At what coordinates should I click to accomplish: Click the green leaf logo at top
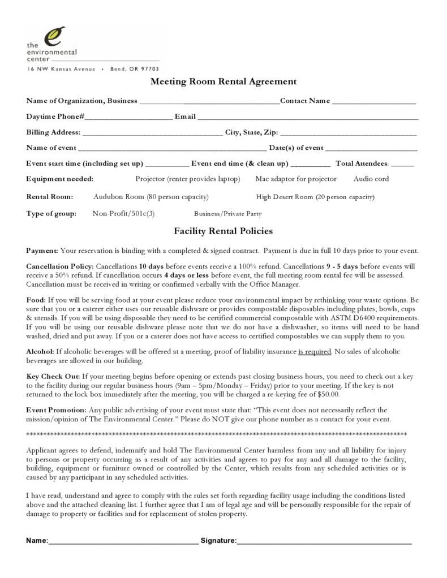tap(55, 36)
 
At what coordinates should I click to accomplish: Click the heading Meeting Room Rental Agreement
tap(223, 81)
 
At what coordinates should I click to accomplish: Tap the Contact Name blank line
tap(374, 102)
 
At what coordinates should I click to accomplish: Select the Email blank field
tap(308, 118)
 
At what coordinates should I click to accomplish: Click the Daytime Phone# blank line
tap(129, 118)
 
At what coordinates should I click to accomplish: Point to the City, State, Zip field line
tap(349, 133)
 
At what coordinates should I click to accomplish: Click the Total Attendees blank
tap(402, 165)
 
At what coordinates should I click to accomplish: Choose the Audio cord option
tap(371, 179)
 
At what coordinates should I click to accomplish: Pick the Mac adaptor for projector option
tap(295, 179)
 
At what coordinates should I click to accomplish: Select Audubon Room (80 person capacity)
tap(151, 197)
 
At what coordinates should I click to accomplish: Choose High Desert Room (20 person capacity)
tap(315, 197)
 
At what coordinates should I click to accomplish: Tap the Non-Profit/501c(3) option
tap(123, 214)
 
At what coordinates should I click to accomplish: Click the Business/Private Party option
tap(227, 214)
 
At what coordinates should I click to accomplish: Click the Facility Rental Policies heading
tap(223, 231)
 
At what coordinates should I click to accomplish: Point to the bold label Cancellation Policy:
tap(61, 266)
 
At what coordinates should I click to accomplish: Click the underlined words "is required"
tap(315, 352)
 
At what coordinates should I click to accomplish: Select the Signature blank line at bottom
tap(324, 542)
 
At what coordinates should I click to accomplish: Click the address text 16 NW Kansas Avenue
tap(61, 68)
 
